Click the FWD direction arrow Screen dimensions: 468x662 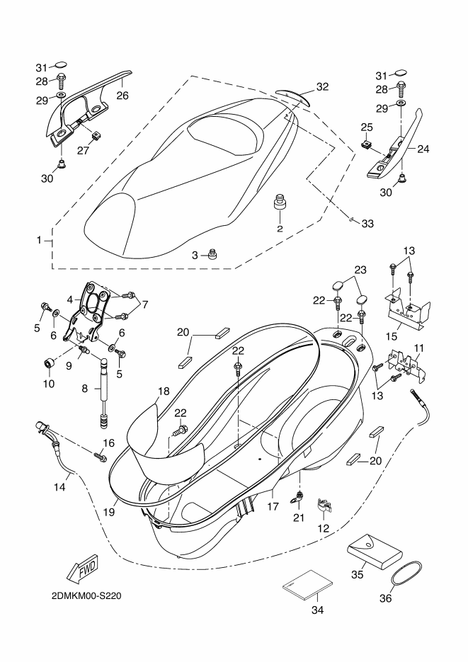[x=83, y=567]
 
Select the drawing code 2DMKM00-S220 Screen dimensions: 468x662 [x=86, y=596]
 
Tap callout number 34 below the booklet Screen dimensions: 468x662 [x=317, y=610]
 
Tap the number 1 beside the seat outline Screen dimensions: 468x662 [x=39, y=240]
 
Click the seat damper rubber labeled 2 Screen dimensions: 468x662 [x=280, y=202]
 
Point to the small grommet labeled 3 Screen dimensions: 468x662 [x=212, y=254]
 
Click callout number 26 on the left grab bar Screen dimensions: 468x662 [x=122, y=96]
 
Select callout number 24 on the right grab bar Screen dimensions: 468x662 [x=423, y=149]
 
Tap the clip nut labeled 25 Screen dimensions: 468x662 [x=367, y=146]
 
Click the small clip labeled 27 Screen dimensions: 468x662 [x=96, y=137]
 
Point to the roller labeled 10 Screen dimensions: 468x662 [x=50, y=363]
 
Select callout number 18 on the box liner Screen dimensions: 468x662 [x=164, y=391]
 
